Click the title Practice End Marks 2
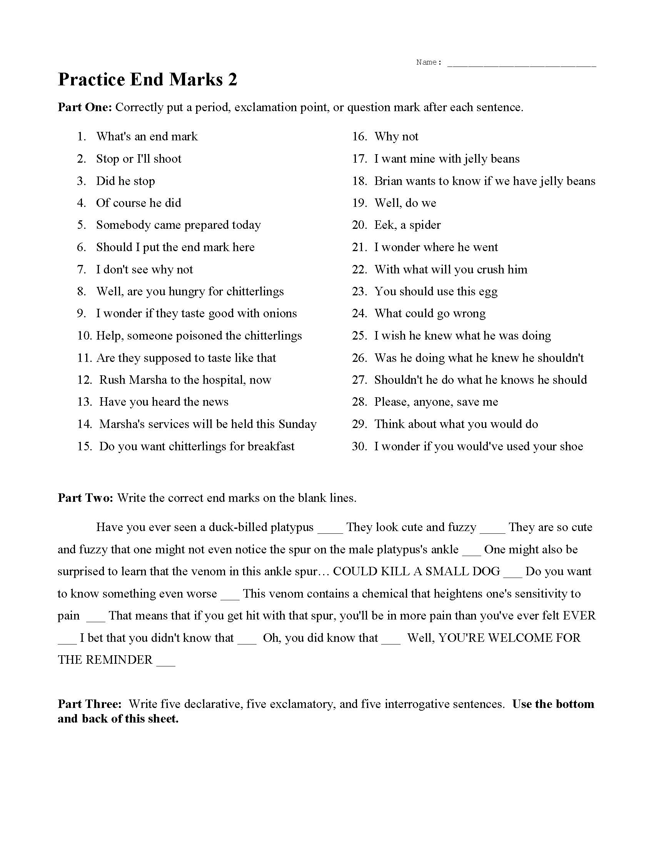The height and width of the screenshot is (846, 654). tap(147, 80)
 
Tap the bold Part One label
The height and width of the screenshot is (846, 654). tap(85, 107)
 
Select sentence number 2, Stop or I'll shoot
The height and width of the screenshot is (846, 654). tap(138, 159)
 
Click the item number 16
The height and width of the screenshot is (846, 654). tap(359, 137)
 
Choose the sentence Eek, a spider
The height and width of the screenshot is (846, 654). tap(407, 225)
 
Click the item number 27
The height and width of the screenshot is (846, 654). tap(359, 380)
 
